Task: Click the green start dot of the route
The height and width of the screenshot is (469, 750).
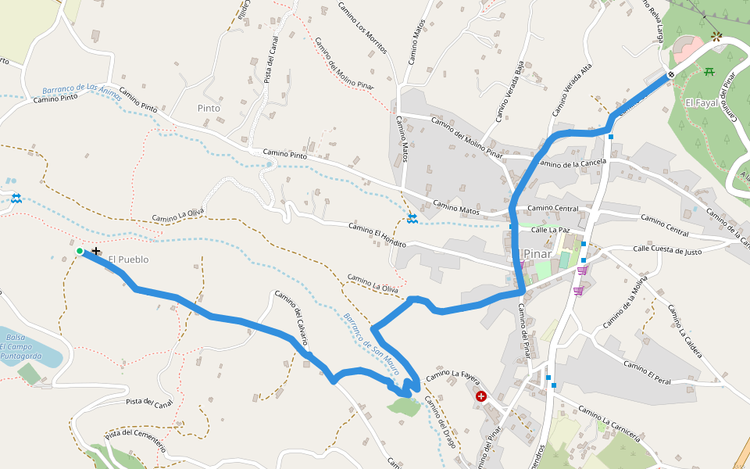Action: coord(80,251)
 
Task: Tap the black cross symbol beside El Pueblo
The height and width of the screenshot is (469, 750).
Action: coord(96,251)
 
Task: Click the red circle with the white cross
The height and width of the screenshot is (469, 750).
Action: coord(481,397)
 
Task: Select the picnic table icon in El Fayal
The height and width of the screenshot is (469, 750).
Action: coord(709,72)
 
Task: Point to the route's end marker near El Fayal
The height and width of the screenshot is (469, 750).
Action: coord(670,75)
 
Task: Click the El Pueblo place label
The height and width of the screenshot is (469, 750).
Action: coord(128,260)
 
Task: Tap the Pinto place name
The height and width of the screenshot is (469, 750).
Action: coord(209,108)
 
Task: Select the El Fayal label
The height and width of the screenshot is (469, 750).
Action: coord(700,102)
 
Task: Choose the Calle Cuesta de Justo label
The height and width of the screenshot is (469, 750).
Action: coord(667,251)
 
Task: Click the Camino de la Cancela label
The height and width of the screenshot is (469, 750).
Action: coord(573,163)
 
